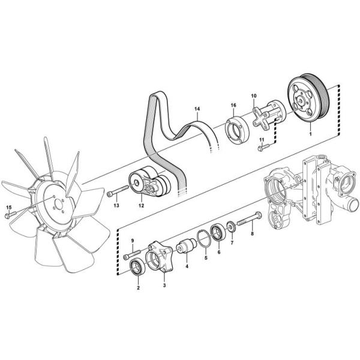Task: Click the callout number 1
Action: [311, 134]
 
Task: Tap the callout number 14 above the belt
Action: [197, 109]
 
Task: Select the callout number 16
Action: [233, 106]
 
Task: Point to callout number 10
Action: [254, 96]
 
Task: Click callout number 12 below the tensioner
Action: [141, 206]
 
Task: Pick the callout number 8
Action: [253, 234]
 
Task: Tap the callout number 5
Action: [206, 258]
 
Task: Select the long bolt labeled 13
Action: [118, 191]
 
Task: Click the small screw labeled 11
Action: [263, 147]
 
